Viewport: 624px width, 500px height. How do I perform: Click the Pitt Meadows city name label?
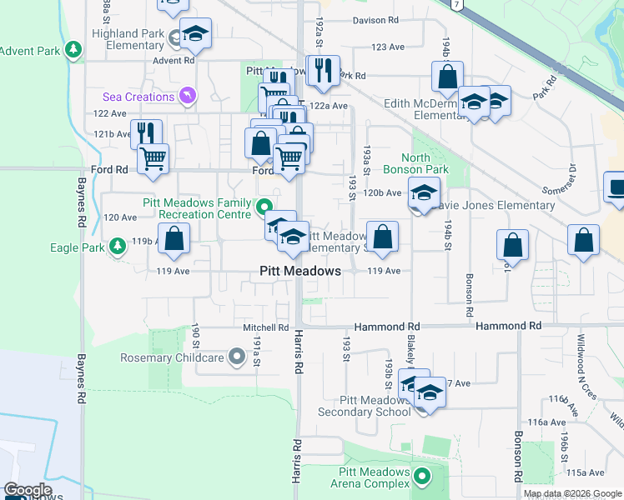pyautogui.click(x=299, y=271)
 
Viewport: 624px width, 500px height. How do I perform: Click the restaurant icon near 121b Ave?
pyautogui.click(x=147, y=133)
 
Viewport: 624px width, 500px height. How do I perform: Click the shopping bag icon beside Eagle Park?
pyautogui.click(x=174, y=238)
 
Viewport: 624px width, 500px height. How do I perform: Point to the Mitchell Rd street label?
pyautogui.click(x=265, y=328)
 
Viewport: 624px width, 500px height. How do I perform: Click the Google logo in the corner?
pyautogui.click(x=28, y=490)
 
